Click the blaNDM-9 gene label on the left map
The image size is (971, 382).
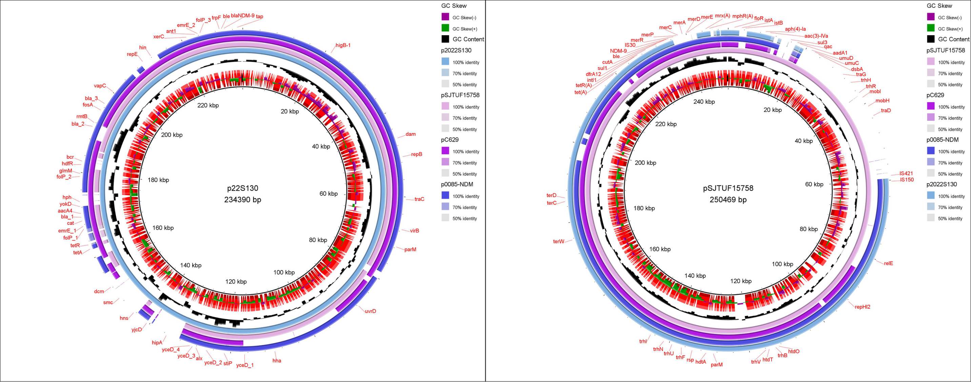(242, 16)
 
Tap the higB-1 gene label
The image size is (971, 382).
(343, 45)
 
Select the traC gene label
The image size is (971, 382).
(419, 199)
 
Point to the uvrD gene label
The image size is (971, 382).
(370, 311)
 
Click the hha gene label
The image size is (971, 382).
(277, 361)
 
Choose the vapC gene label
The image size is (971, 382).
(100, 85)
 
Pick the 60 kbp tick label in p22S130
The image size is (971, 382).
(328, 193)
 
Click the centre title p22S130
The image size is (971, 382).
(242, 188)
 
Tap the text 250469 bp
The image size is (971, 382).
(728, 199)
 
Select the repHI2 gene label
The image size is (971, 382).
(863, 307)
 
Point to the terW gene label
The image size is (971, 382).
(558, 241)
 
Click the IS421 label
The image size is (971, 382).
(906, 173)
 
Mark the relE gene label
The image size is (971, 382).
(889, 263)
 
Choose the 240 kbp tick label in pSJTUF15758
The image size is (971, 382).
(704, 101)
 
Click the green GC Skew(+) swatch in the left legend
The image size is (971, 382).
(445, 28)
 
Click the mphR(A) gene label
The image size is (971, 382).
(742, 16)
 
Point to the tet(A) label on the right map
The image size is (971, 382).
(580, 92)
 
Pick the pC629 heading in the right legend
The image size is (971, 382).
(935, 95)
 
